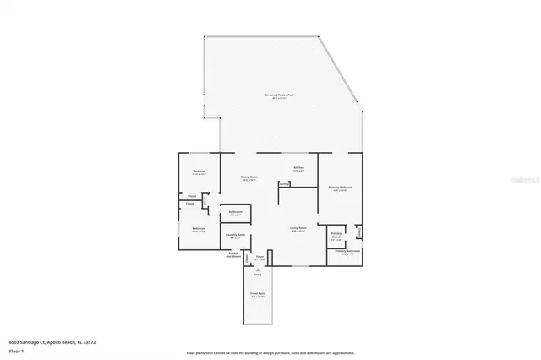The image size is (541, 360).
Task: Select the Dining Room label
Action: (x=249, y=178)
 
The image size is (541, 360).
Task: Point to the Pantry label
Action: (x=285, y=184)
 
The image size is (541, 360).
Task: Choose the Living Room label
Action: (x=298, y=230)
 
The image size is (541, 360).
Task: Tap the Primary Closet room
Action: (x=336, y=236)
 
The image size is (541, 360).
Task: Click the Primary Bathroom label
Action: (x=347, y=252)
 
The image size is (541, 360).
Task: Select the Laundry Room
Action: (x=237, y=237)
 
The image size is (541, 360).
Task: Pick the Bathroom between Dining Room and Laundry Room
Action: (x=237, y=213)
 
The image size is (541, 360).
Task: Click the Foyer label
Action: (x=260, y=258)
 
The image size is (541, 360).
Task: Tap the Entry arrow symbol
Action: (x=259, y=270)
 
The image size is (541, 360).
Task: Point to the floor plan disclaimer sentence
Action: (x=270, y=352)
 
